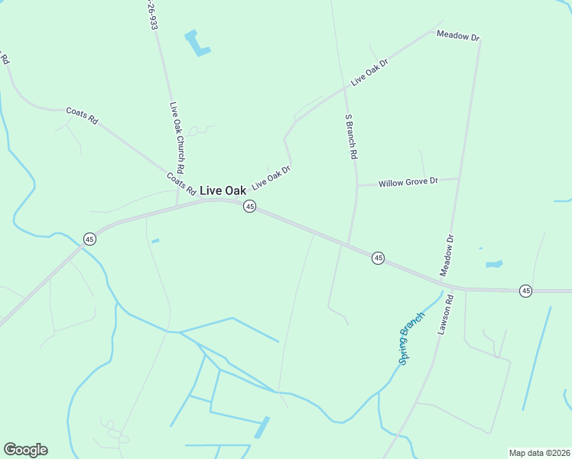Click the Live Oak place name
pyautogui.click(x=228, y=190)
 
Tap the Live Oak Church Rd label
pyautogui.click(x=177, y=137)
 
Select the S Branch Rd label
pyautogui.click(x=352, y=136)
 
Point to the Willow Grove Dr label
pyautogui.click(x=408, y=182)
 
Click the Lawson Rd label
pyautogui.click(x=447, y=316)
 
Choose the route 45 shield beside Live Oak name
pyautogui.click(x=249, y=207)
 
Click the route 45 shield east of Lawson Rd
pyautogui.click(x=525, y=291)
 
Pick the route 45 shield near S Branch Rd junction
pyautogui.click(x=378, y=259)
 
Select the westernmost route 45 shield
pyautogui.click(x=89, y=239)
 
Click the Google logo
pyautogui.click(x=25, y=450)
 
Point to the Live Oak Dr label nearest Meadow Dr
pyautogui.click(x=370, y=71)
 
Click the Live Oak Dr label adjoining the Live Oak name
pyautogui.click(x=271, y=177)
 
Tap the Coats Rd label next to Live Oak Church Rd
pyautogui.click(x=181, y=184)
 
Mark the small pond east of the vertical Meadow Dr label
pyautogui.click(x=494, y=265)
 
